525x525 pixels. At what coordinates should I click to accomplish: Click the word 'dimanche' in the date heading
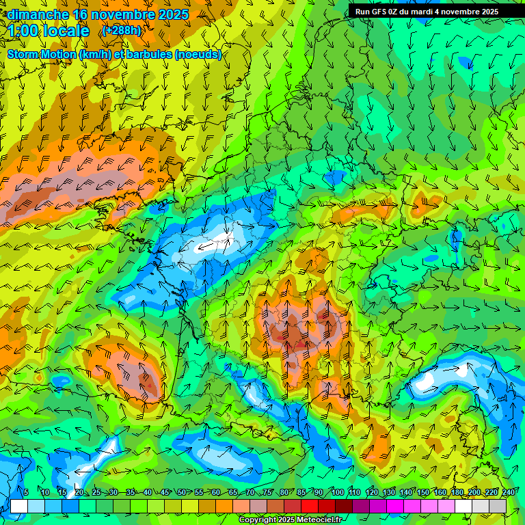[x=38, y=14]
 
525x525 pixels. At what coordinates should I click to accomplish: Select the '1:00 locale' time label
[x=49, y=31]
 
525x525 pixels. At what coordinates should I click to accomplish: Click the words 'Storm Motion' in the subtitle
[x=42, y=55]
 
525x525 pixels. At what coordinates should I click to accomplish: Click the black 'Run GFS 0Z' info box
[x=427, y=12]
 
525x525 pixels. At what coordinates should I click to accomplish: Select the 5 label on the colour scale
[x=25, y=492]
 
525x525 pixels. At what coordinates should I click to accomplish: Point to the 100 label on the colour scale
[x=337, y=492]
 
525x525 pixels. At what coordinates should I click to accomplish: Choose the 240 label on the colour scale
[x=508, y=492]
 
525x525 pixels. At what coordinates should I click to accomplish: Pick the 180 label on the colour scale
[x=457, y=492]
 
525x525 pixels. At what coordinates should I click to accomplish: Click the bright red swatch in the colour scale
[x=310, y=506]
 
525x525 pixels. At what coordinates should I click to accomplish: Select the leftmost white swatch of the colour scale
[x=19, y=506]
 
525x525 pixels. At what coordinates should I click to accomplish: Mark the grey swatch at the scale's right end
[x=498, y=506]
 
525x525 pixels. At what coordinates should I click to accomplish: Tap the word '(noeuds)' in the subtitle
[x=198, y=55]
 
